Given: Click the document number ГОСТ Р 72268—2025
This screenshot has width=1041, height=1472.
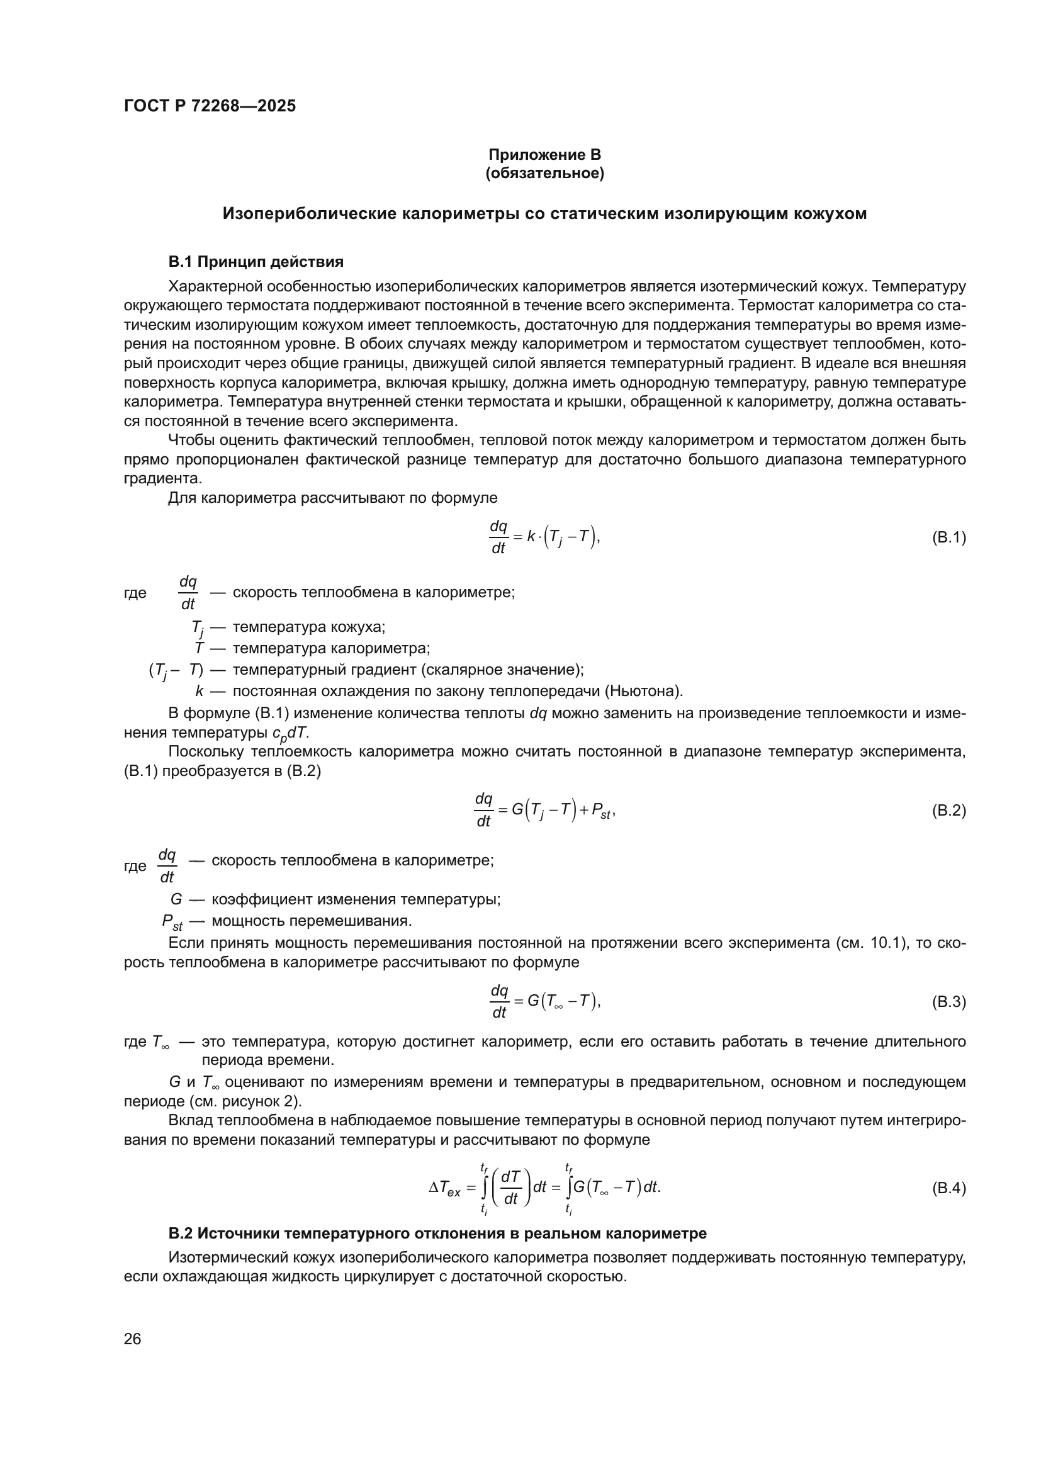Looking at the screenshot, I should click(210, 106).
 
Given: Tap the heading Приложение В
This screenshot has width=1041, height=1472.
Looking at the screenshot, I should click(544, 155).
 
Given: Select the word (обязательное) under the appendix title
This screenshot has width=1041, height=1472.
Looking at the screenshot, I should click(544, 173).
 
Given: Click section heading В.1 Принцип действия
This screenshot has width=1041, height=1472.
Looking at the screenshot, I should click(256, 262).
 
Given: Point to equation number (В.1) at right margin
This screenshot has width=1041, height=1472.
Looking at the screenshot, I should click(948, 537).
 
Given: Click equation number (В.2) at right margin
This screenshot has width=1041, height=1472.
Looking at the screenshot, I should click(948, 811).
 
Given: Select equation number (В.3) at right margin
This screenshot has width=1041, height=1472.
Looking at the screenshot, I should click(948, 1002).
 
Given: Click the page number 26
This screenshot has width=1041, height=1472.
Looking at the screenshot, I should click(132, 1339).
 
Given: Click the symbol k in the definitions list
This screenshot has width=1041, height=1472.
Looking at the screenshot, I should click(200, 691).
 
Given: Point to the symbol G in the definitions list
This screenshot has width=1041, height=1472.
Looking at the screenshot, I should click(176, 899).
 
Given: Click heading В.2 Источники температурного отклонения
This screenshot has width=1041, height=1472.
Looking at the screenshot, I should click(437, 1233).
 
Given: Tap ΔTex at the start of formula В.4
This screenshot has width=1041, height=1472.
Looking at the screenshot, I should click(444, 1189).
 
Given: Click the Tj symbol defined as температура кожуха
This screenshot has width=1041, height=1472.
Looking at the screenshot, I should click(197, 628).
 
